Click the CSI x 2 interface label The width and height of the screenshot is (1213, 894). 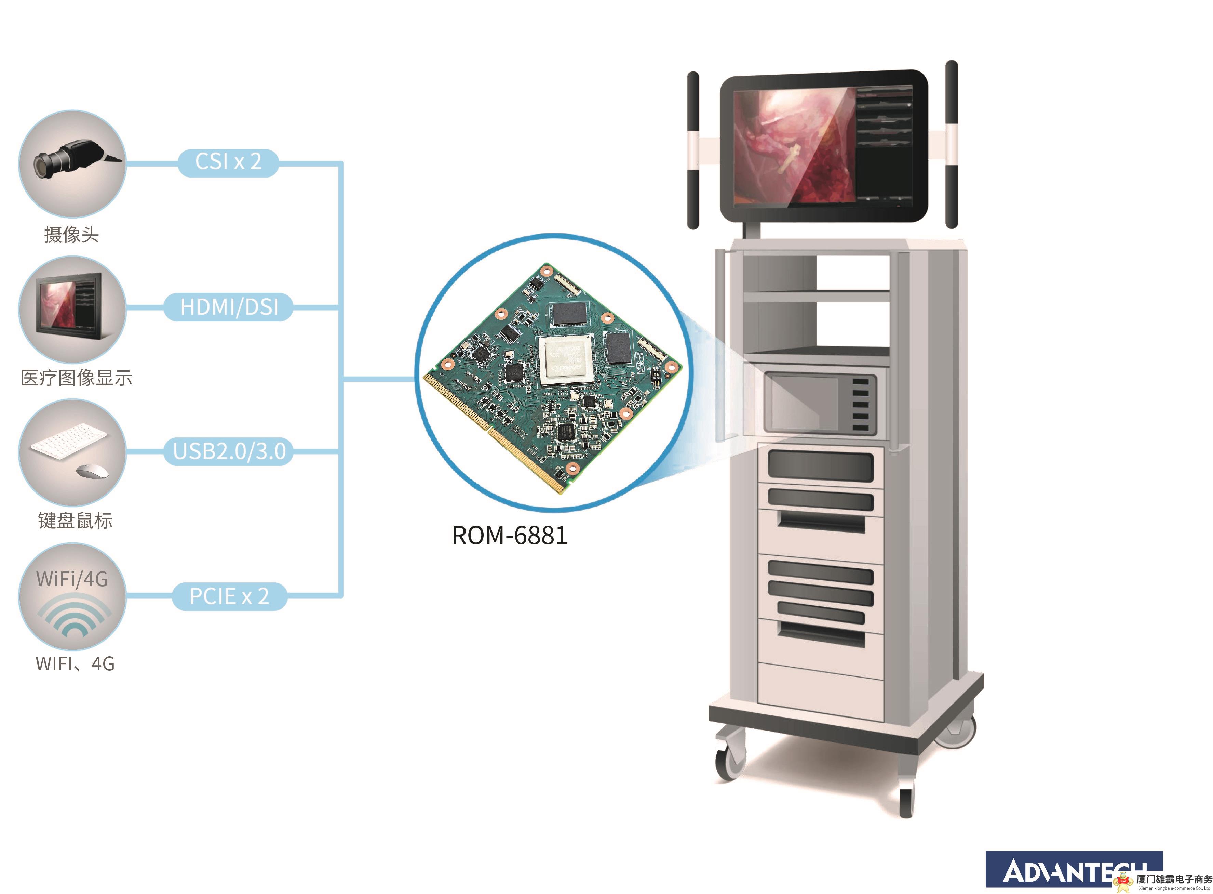pos(228,162)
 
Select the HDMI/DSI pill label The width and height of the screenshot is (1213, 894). pos(229,307)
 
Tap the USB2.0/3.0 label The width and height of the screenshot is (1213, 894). pos(229,451)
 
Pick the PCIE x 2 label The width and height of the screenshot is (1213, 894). pos(229,596)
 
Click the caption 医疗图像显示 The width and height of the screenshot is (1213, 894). pos(76,378)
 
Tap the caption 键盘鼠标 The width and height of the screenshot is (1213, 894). pos(75,521)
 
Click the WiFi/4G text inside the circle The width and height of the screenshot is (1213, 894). pos(72,579)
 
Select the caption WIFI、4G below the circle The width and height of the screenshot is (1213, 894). pos(75,664)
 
